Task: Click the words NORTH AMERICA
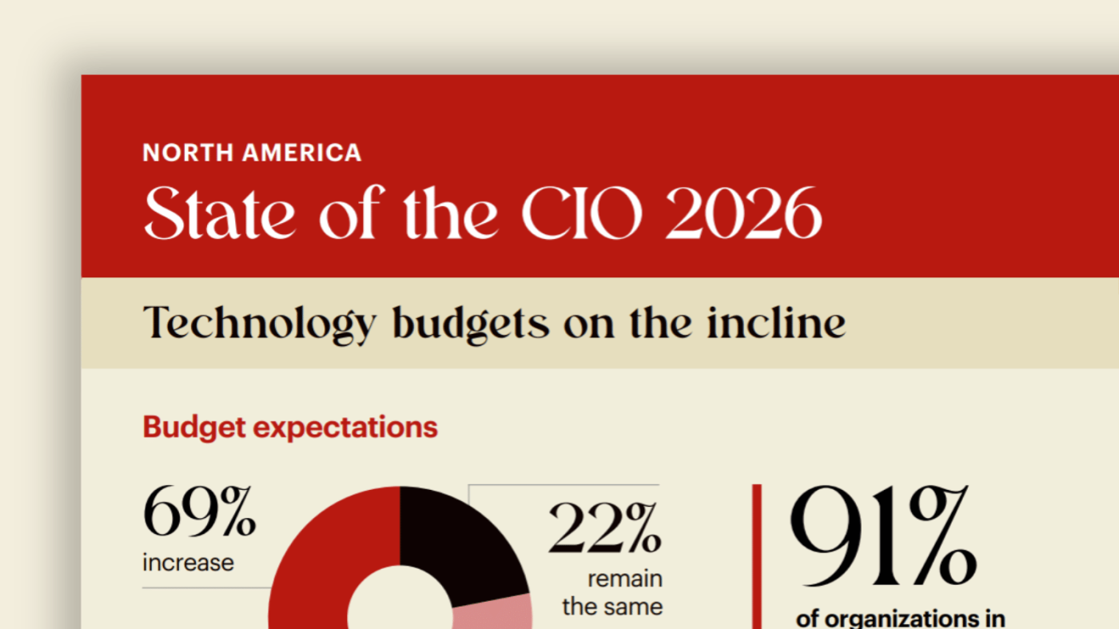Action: pyautogui.click(x=252, y=152)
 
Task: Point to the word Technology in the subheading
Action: pyautogui.click(x=259, y=324)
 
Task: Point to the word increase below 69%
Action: pyautogui.click(x=188, y=563)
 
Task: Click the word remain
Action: pyautogui.click(x=625, y=578)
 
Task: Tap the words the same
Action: pyautogui.click(x=612, y=607)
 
